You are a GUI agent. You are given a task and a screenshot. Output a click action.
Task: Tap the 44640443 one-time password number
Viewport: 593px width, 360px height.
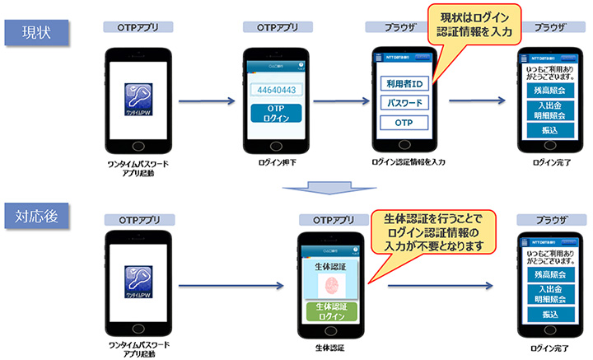tap(276, 89)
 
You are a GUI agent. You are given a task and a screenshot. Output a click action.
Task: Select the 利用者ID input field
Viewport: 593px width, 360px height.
tap(404, 83)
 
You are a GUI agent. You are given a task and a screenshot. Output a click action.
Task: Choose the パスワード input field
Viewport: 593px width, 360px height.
tap(404, 104)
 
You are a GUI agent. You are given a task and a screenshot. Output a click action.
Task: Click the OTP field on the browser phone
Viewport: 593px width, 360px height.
tap(404, 124)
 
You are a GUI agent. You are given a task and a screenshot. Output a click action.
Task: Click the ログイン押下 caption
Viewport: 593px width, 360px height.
tap(276, 162)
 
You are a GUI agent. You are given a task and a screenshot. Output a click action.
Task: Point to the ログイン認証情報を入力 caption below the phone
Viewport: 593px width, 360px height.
tap(409, 162)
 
